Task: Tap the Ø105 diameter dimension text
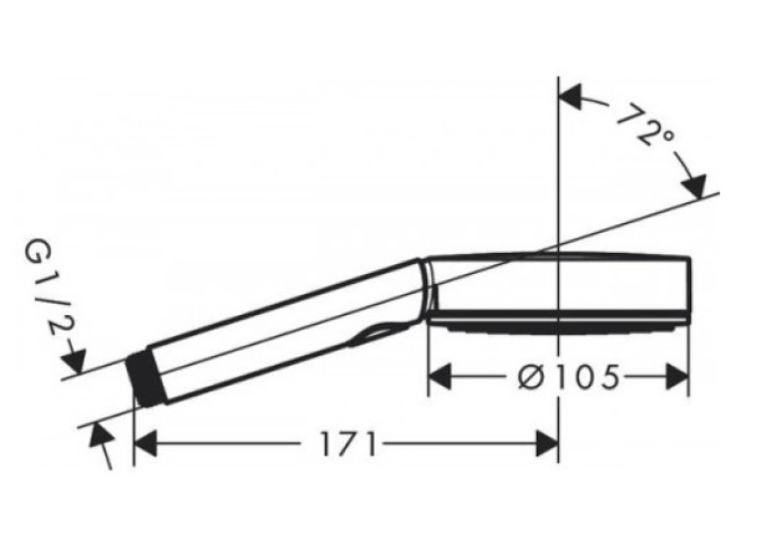(x=569, y=377)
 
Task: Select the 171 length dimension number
(x=348, y=443)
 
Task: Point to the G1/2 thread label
(x=49, y=293)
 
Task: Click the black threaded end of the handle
(x=145, y=377)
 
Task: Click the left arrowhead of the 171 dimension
(x=145, y=443)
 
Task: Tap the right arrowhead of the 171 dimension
(x=547, y=443)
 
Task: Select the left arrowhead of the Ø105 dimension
(x=440, y=377)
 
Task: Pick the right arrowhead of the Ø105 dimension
(x=677, y=377)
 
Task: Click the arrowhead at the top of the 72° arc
(x=571, y=97)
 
